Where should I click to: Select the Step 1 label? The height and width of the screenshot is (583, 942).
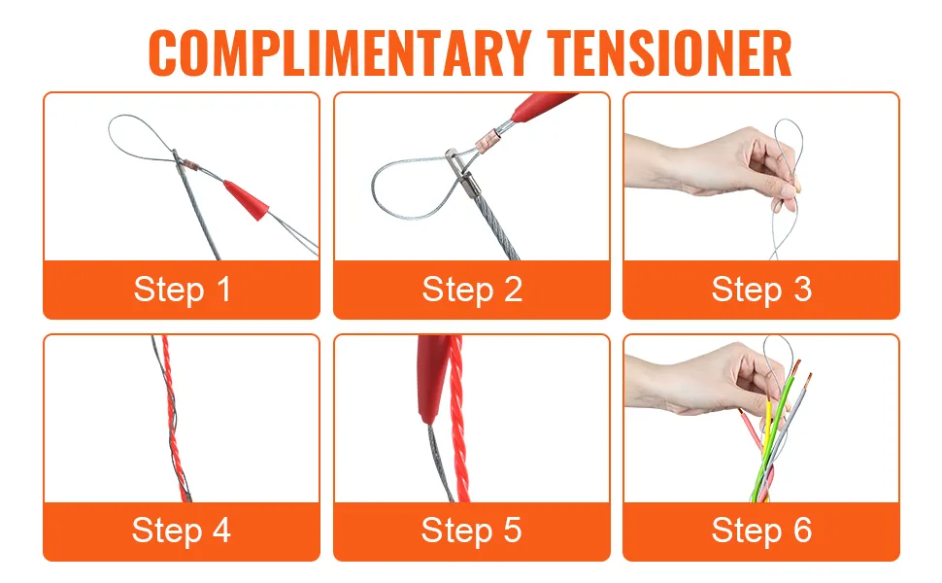point(182,290)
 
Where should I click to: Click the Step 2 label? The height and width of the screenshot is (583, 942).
point(472,290)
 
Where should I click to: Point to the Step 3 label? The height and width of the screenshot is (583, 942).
point(761,290)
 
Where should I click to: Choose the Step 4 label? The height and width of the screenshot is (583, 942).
point(182,531)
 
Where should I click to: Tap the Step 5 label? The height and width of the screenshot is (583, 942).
point(472,531)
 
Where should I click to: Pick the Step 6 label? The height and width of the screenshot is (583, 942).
point(761,531)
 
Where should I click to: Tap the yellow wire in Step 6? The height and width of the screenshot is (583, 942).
point(766,445)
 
